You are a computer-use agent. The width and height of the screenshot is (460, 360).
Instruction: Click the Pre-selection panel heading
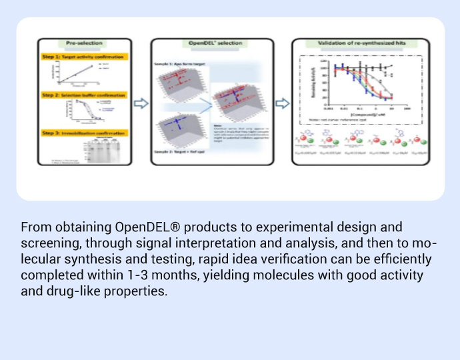(x=84, y=43)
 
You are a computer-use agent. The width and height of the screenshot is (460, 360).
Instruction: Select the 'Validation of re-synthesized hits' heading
(x=361, y=43)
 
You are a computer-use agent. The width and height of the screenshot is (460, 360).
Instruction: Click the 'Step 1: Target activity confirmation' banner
(x=83, y=57)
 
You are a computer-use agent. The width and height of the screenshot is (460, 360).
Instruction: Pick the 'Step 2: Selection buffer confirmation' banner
(x=83, y=95)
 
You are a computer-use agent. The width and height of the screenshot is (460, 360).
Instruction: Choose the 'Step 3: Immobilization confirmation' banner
(x=82, y=133)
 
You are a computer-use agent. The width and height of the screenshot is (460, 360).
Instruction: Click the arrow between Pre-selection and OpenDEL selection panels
(x=141, y=103)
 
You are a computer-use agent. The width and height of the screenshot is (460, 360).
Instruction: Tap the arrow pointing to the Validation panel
(x=283, y=103)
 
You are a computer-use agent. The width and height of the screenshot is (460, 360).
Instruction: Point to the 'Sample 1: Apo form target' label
(x=184, y=63)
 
